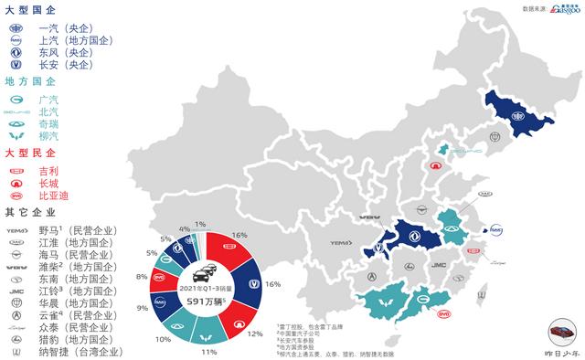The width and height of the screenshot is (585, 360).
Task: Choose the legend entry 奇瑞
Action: click(x=51, y=123)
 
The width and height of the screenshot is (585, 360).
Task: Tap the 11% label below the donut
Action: click(x=208, y=352)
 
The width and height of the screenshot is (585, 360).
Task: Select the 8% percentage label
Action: click(x=141, y=275)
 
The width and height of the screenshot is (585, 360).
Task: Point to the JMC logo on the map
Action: click(x=439, y=265)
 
